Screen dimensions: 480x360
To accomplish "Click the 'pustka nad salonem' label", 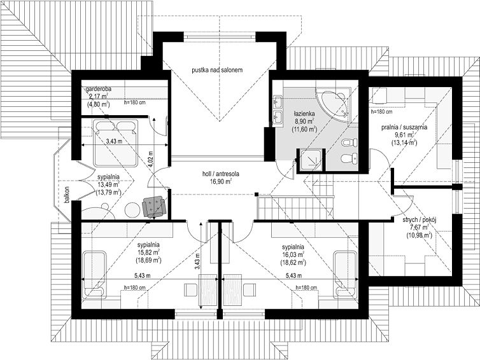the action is [x=217, y=70].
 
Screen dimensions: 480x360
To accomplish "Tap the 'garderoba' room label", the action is [x=98, y=88].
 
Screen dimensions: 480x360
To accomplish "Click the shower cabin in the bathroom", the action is [x=311, y=160].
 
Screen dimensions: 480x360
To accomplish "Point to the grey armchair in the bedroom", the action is [x=154, y=207].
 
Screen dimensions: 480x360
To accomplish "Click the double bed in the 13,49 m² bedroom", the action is [x=116, y=143].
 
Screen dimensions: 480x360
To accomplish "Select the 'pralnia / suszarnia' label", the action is [x=404, y=127].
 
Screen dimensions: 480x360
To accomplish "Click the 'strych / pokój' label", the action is [x=419, y=219].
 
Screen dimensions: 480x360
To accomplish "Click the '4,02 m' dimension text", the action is [x=150, y=158].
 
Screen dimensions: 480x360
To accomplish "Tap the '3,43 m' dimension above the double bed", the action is [x=114, y=141].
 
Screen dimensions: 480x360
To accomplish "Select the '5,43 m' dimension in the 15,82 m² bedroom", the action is [x=143, y=275].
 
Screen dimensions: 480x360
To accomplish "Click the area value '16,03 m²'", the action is [x=293, y=254].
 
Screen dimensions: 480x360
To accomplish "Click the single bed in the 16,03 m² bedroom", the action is [x=345, y=274].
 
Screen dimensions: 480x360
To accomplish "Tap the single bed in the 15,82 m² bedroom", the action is [x=95, y=275].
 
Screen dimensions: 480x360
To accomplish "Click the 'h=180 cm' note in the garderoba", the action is [x=135, y=103].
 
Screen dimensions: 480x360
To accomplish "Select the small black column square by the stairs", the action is [x=256, y=194].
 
